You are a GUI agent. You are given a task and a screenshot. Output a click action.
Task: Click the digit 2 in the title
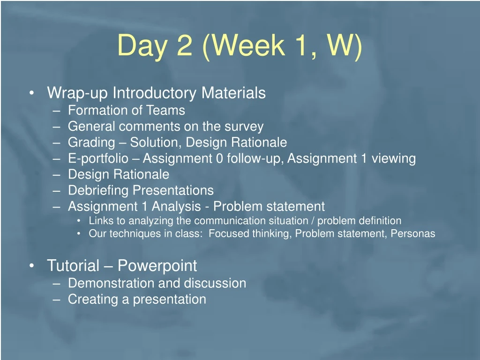coord(185,45)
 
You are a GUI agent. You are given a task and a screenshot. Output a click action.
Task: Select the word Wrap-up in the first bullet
coord(77,93)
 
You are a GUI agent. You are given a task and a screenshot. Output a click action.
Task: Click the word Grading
coord(91,143)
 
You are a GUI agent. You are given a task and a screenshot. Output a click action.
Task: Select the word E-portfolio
coord(98,159)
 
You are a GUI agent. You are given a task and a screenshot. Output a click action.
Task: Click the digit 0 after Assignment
coord(219,158)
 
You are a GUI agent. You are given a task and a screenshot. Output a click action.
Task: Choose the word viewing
coord(393,159)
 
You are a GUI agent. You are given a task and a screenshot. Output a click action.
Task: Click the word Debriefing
coord(98,191)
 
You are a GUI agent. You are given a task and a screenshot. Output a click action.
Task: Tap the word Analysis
coord(176,207)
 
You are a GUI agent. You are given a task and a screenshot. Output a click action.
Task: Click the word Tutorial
coord(73,265)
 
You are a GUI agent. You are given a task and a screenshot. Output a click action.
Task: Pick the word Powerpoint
coord(157,266)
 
